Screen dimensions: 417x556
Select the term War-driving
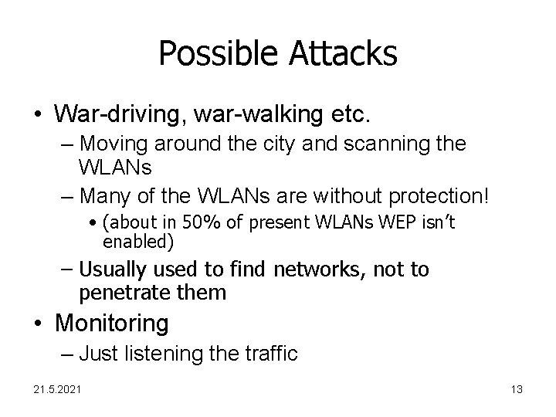108,114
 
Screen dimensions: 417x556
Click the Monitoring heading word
111,322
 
